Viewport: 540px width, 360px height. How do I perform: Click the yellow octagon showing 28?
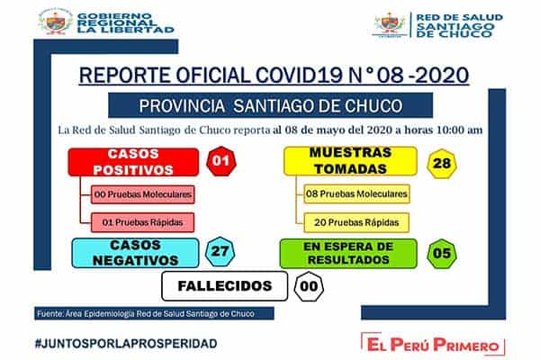pos(441,162)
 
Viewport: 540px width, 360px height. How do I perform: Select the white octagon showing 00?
pos(308,287)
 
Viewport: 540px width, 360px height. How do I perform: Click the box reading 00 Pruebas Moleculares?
pos(142,193)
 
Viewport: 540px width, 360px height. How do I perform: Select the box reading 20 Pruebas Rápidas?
pos(345,221)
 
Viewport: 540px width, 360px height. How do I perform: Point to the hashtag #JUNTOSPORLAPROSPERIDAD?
pos(125,344)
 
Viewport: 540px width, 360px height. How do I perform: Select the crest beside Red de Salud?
pos(389,24)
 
